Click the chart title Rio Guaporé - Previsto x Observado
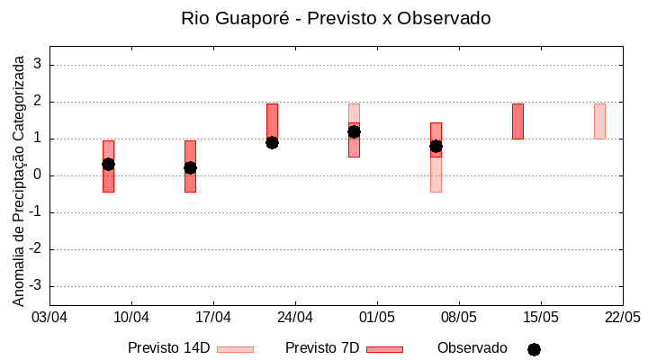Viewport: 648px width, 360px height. point(336,18)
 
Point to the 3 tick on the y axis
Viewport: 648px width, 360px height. point(38,65)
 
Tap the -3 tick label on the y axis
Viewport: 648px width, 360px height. point(35,286)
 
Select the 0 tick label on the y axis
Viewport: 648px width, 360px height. point(38,175)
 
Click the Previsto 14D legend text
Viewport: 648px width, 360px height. point(168,348)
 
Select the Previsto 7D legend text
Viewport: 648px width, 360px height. point(322,348)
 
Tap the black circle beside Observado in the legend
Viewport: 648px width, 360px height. point(534,349)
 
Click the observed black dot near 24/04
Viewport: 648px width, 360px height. point(272,142)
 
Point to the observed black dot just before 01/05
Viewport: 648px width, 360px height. point(354,131)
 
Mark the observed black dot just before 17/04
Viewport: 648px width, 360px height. point(190,167)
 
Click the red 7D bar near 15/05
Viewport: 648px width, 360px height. point(517,121)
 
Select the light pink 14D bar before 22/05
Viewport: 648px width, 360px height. point(599,121)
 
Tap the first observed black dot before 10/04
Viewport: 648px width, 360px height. point(108,164)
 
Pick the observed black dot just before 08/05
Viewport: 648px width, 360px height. point(436,146)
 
